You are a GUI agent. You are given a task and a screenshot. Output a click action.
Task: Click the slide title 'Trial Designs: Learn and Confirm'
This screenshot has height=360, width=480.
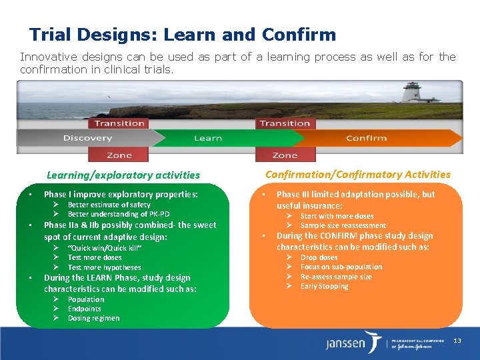click(182, 35)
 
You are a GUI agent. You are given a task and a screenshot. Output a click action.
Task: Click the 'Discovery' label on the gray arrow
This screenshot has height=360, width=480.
click(87, 138)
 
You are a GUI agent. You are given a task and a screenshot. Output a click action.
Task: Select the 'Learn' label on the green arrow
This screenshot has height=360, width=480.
click(207, 138)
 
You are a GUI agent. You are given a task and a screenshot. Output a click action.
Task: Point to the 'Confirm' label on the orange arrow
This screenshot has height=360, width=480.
click(366, 138)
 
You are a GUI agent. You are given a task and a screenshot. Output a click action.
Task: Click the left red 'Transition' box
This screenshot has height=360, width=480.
click(119, 123)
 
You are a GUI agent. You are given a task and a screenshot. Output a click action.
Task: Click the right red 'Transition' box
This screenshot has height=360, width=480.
click(285, 123)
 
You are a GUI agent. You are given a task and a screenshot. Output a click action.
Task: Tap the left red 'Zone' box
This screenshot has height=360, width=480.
click(119, 155)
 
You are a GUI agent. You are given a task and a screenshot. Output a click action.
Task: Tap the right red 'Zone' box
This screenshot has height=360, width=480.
click(285, 155)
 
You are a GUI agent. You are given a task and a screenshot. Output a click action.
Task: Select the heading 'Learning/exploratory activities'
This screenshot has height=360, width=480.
click(123, 175)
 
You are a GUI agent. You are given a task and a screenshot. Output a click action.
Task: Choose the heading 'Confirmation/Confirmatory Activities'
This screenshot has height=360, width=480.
click(358, 175)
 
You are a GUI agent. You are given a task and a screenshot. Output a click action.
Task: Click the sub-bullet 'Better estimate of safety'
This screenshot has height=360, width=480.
click(109, 205)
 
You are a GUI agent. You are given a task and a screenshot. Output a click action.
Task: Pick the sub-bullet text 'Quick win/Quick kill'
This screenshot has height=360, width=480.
click(104, 248)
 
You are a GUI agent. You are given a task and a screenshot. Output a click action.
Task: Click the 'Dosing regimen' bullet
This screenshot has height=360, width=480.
click(93, 318)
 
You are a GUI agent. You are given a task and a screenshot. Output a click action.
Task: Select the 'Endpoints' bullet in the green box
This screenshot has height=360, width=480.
click(84, 309)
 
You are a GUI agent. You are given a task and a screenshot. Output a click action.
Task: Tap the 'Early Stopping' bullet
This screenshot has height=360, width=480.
click(324, 286)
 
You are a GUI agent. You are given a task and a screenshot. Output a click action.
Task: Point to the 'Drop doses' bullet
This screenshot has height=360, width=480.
click(319, 257)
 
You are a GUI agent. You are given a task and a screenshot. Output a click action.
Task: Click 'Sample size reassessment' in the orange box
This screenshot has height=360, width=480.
click(343, 225)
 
